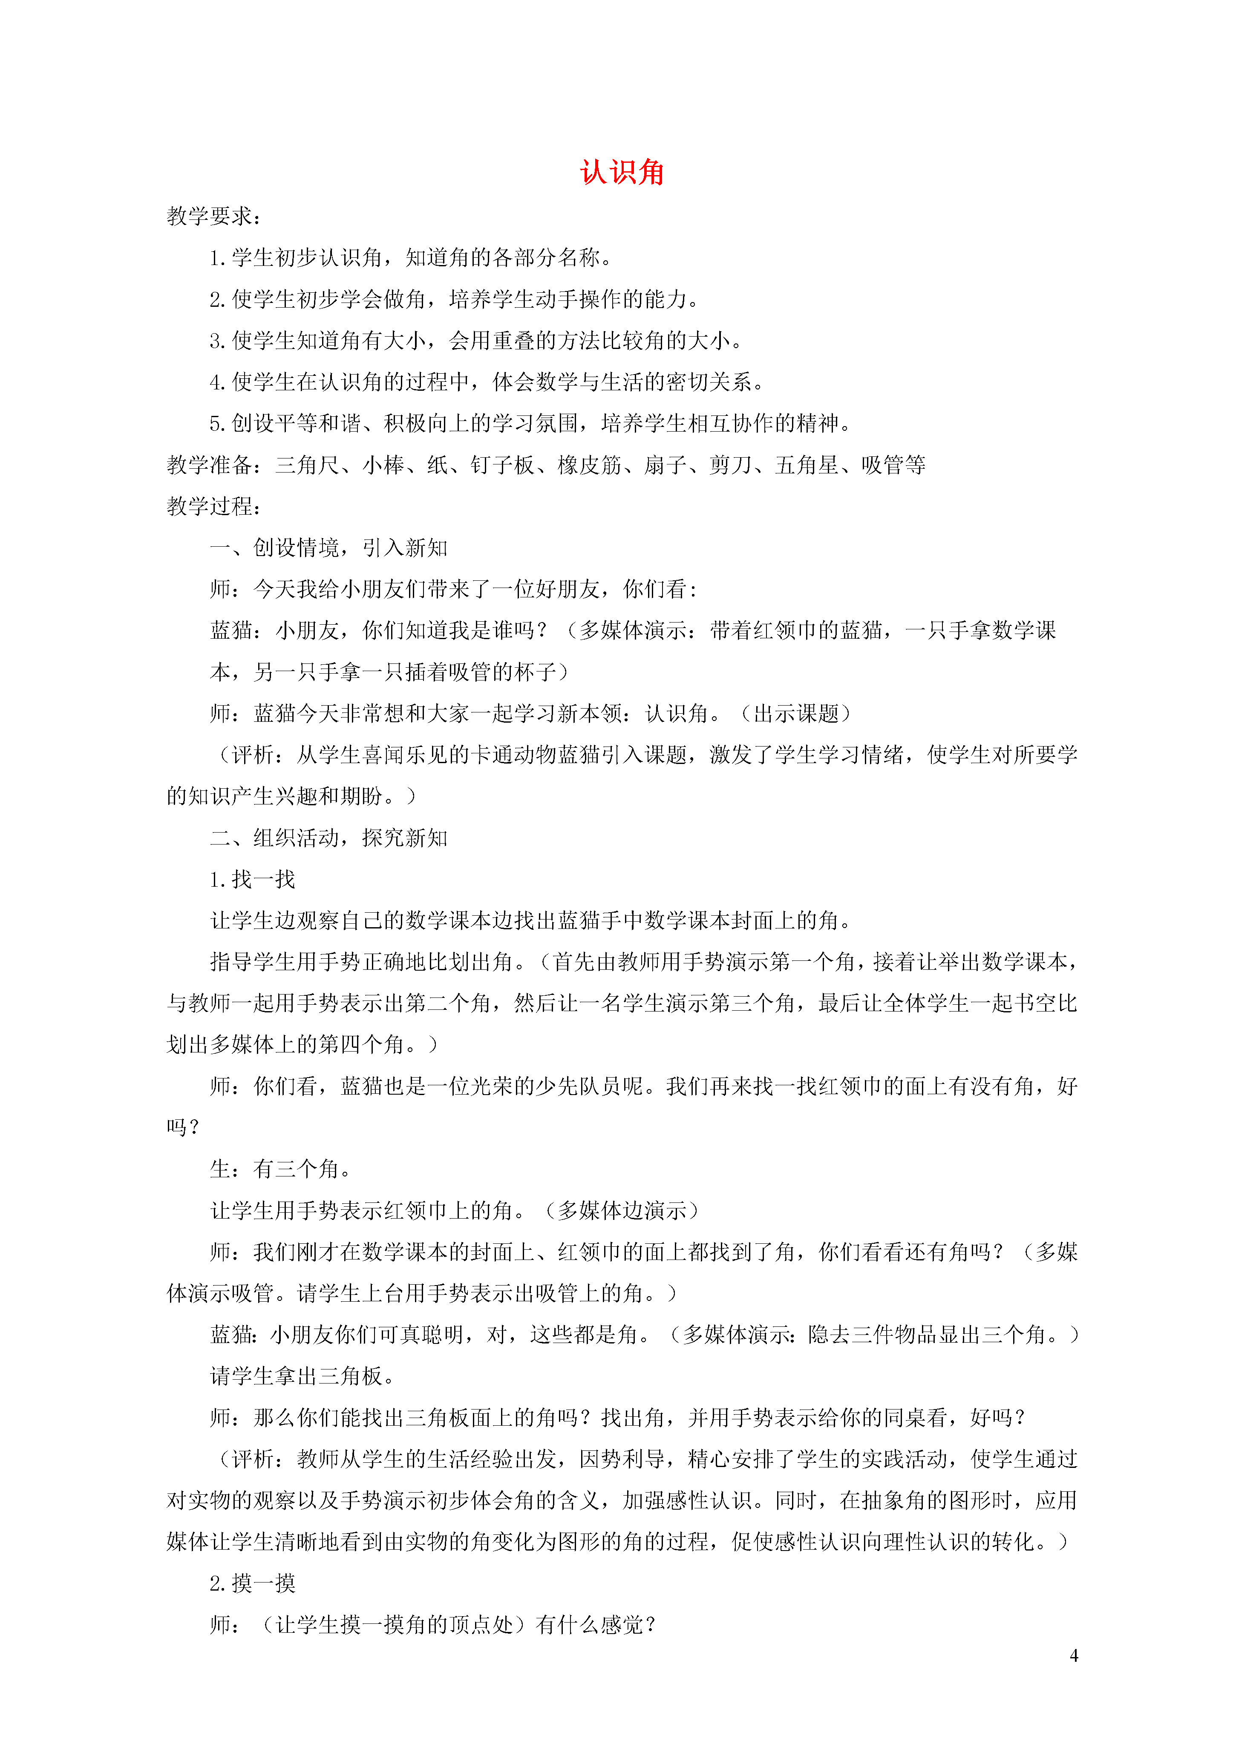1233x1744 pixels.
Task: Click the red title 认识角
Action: [622, 173]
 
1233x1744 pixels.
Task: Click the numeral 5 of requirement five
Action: [216, 424]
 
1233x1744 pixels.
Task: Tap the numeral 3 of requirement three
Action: [216, 341]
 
